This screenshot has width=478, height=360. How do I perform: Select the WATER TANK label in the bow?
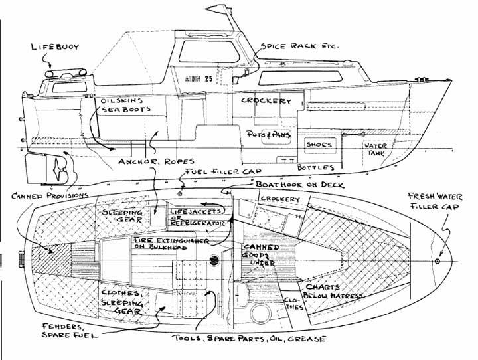[376, 149]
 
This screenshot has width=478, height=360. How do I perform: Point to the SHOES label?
[319, 144]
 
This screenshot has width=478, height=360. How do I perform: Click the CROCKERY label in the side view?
[266, 100]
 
